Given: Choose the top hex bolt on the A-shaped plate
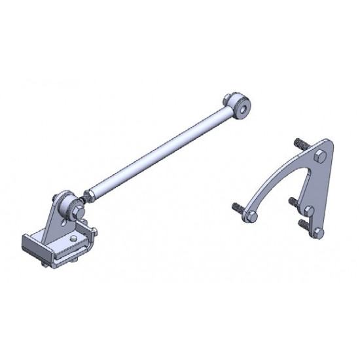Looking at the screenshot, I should tap(319, 157).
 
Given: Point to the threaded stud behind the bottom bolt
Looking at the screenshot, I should tap(303, 223).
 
